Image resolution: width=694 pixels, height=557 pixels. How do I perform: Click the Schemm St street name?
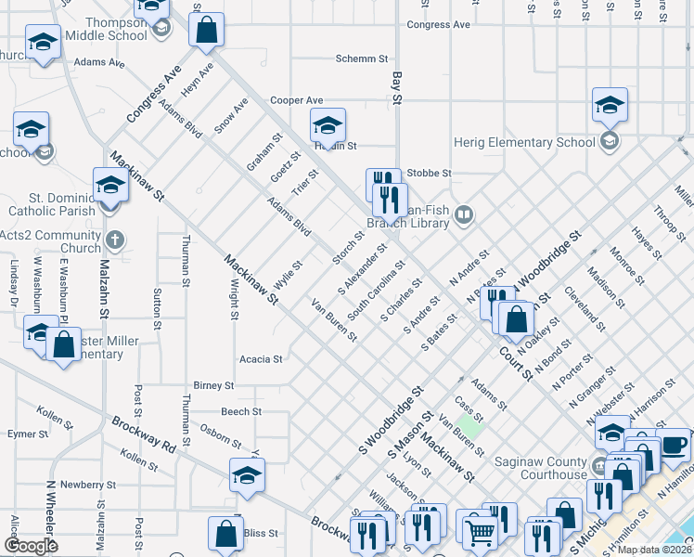tap(362, 58)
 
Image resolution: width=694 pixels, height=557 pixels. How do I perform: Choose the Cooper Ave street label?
tap(296, 100)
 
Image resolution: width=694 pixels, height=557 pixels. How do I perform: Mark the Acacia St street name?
tap(261, 358)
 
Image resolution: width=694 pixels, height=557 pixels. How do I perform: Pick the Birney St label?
tap(213, 385)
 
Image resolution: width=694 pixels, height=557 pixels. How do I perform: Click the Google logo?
tap(31, 546)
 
